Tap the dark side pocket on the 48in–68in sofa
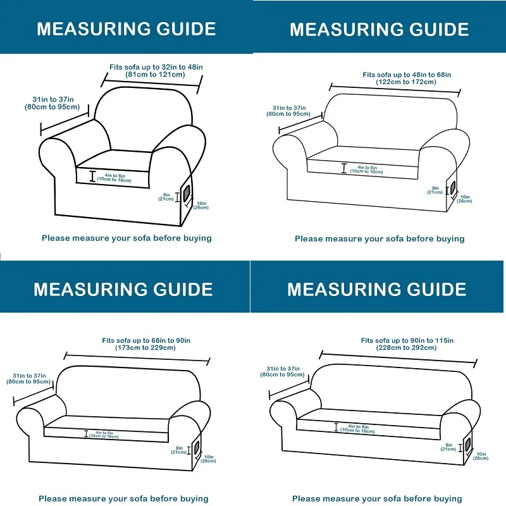tap(452, 188)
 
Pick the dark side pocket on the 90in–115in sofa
tap(468, 445)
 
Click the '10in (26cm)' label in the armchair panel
tap(201, 205)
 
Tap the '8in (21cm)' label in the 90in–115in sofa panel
tap(448, 447)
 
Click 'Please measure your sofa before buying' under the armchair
tap(126, 238)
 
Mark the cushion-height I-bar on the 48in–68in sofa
tap(344, 168)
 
